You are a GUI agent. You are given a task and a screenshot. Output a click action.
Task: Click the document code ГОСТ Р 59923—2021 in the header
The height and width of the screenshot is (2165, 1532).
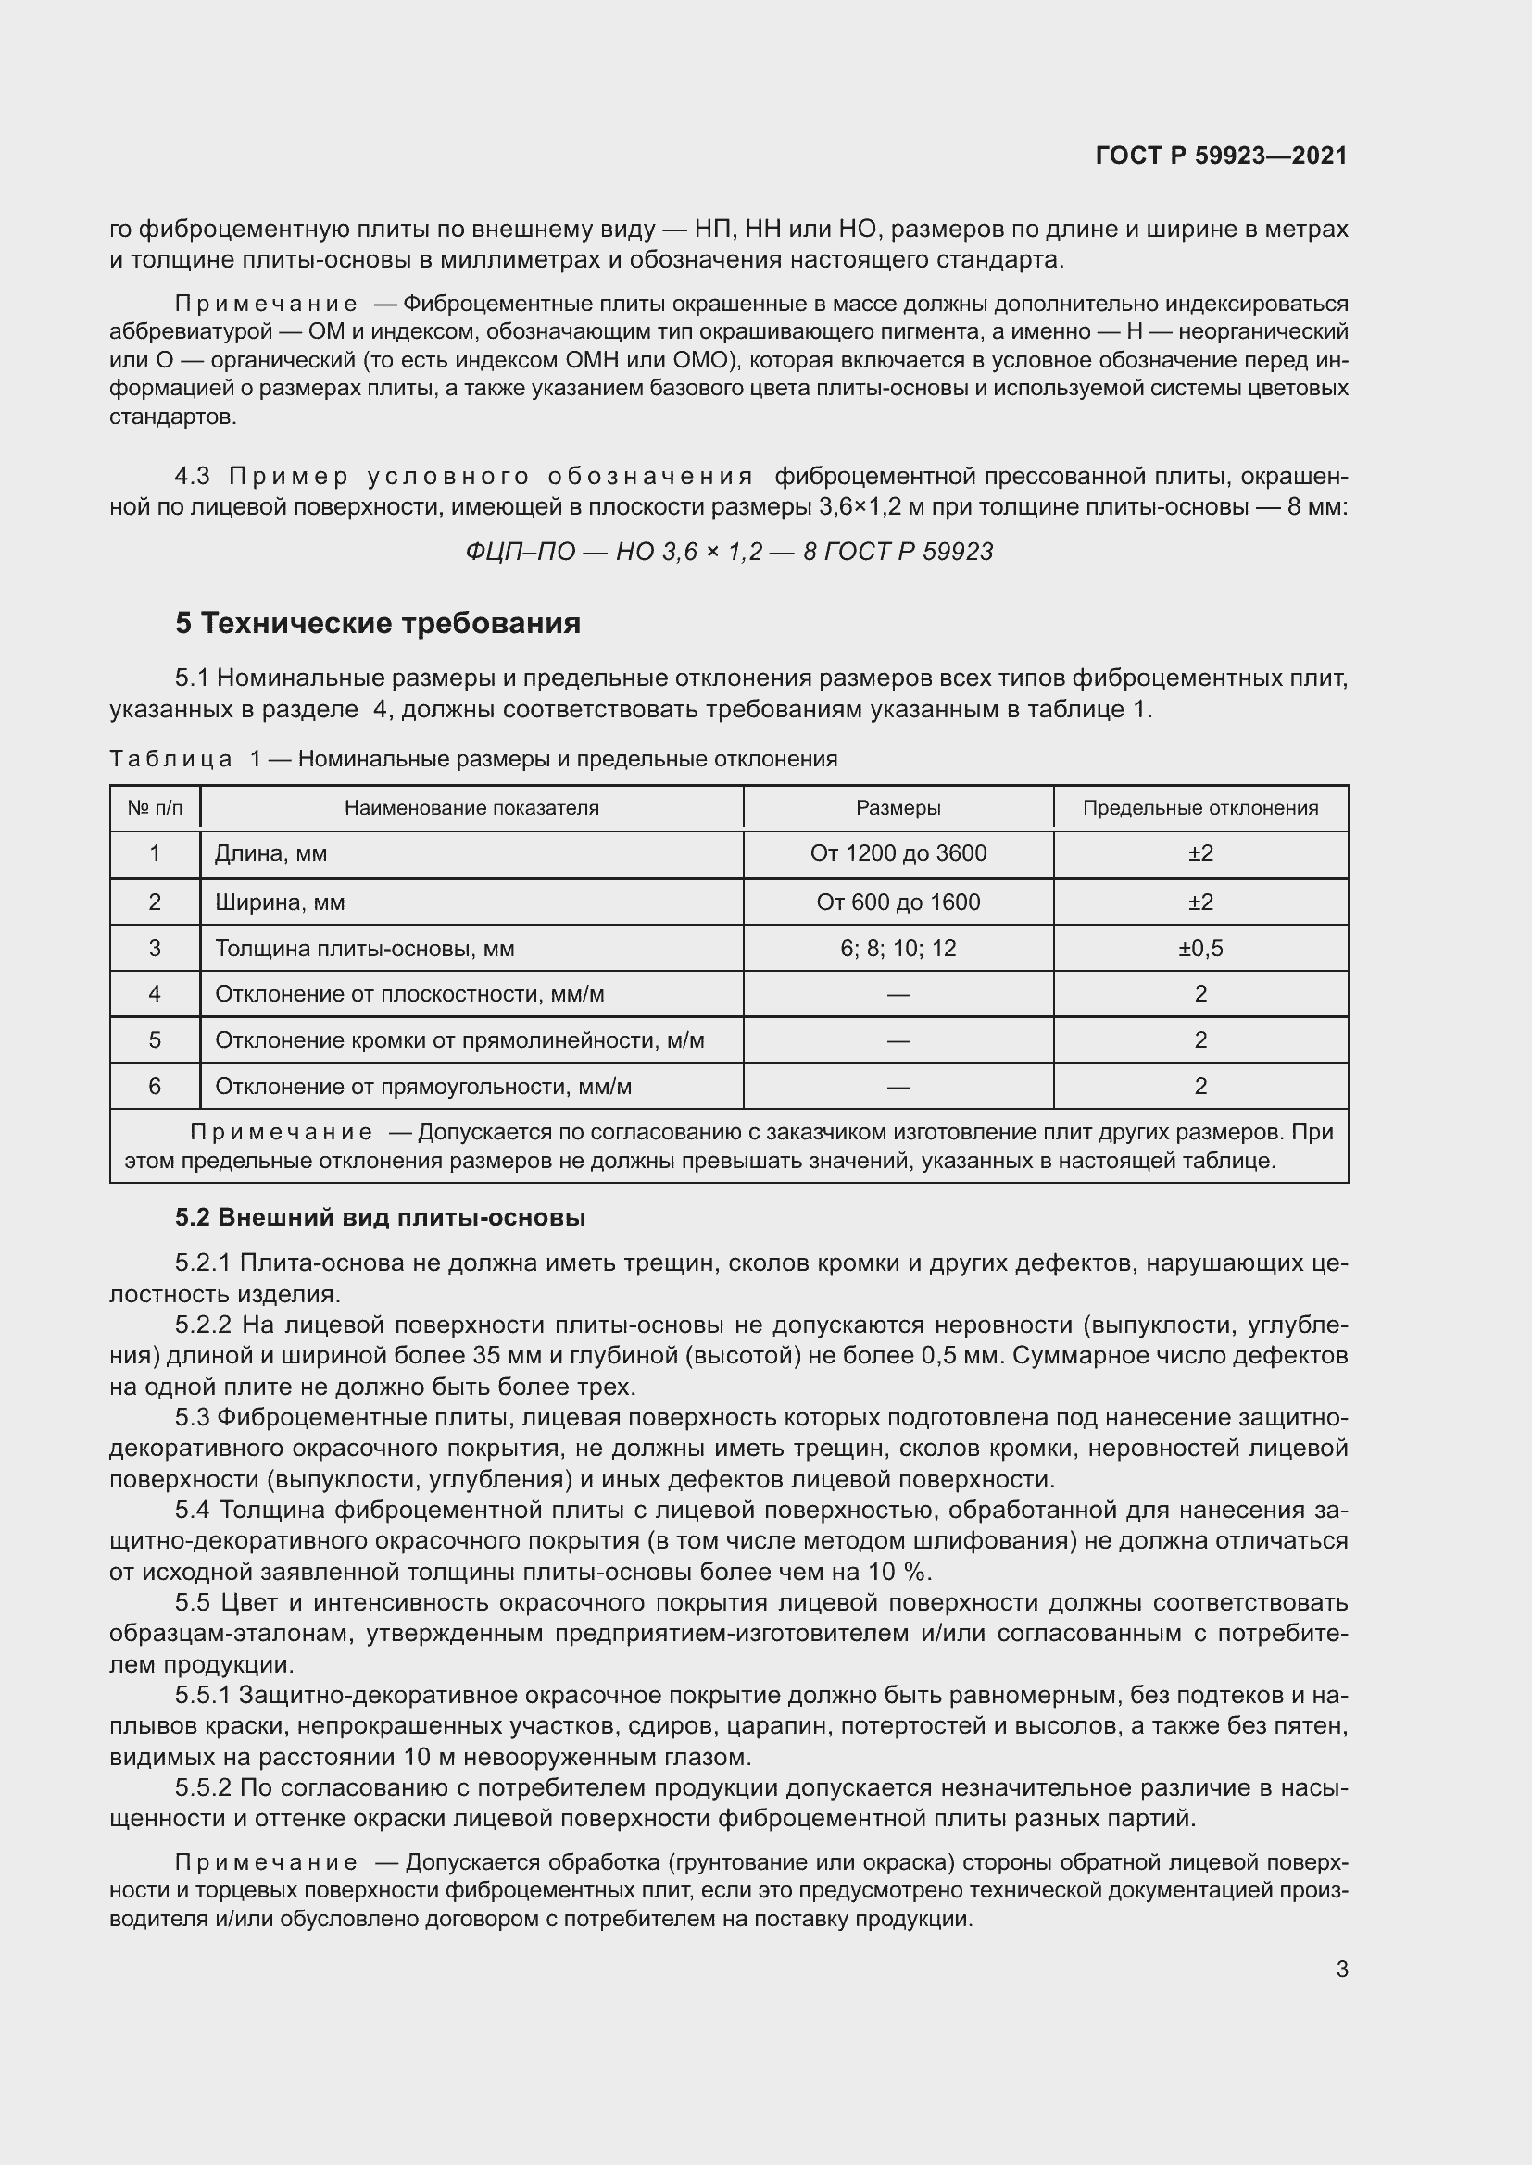coord(1221,156)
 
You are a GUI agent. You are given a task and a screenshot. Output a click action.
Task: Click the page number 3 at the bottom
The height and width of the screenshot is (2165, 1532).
coord(1341,1969)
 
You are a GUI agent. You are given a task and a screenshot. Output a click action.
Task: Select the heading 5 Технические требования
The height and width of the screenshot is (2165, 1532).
coord(377,623)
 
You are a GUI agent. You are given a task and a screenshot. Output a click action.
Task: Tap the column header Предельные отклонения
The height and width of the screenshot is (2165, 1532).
coord(1199,807)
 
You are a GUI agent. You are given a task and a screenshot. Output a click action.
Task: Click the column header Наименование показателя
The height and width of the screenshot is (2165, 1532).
coord(471,807)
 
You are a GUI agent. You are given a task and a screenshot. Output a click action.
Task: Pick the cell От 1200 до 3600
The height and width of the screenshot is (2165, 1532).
coord(898,853)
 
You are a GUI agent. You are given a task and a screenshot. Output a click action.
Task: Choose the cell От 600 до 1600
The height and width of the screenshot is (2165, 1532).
coord(898,902)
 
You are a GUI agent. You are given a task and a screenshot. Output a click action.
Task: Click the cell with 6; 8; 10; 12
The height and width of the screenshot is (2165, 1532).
coord(898,949)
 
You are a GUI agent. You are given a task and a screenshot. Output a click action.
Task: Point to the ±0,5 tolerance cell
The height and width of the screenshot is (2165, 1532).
coord(1199,949)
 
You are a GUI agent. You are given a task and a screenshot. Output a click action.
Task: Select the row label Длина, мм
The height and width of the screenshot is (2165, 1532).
coord(270,853)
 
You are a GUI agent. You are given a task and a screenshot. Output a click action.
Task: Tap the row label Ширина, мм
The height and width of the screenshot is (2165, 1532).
coord(279,902)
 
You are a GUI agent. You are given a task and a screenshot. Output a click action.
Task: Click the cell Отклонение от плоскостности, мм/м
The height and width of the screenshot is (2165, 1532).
coord(409,994)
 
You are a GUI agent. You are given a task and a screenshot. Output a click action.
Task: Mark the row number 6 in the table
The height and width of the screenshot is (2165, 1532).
coord(155,1087)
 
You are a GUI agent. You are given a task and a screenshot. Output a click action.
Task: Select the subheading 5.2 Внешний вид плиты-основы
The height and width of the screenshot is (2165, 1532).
coord(380,1217)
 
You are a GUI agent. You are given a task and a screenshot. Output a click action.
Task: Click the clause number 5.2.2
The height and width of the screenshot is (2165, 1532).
coord(203,1325)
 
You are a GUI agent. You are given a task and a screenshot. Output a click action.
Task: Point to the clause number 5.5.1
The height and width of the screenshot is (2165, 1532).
coord(203,1696)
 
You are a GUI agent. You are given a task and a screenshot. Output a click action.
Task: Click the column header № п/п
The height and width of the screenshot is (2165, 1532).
coord(155,807)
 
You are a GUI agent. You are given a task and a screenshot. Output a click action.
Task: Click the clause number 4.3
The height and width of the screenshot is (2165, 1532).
coord(193,476)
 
